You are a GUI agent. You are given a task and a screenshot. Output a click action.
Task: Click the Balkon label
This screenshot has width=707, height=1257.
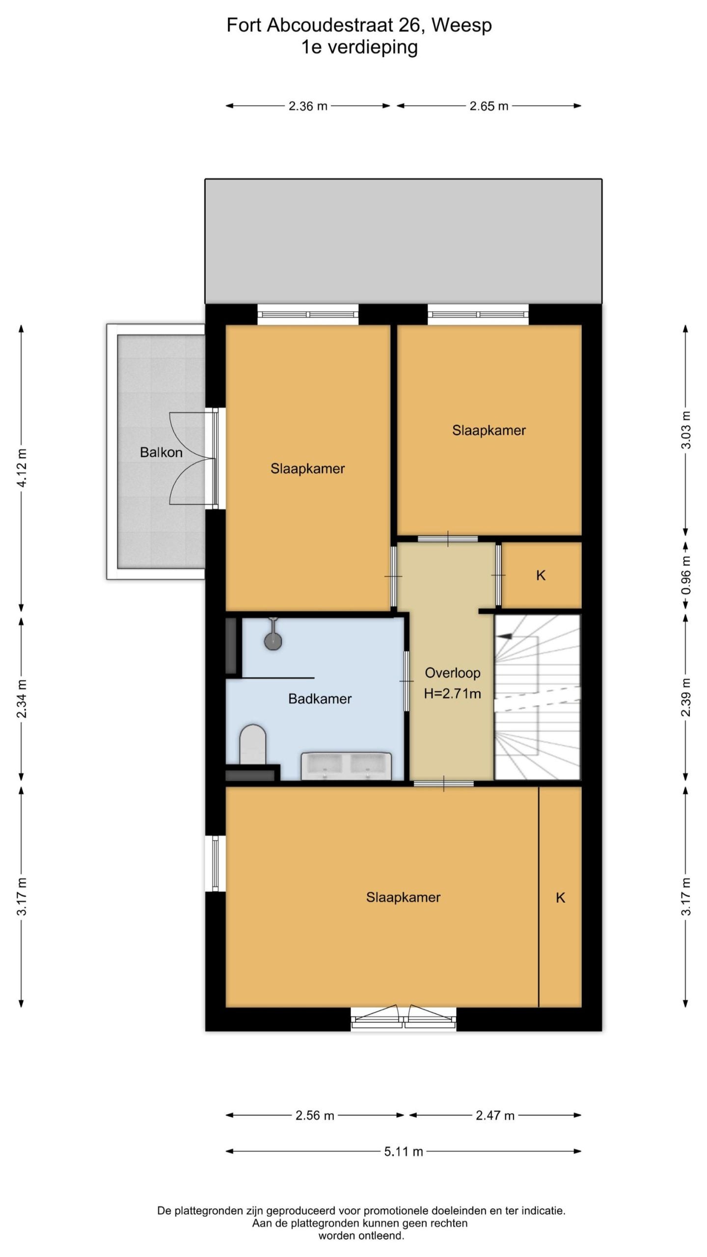click(161, 452)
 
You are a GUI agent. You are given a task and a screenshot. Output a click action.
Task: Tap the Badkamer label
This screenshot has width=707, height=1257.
click(320, 699)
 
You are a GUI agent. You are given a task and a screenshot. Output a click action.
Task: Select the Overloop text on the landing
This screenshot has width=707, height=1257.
click(452, 673)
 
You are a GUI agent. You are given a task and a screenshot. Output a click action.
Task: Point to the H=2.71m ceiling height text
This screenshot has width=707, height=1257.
click(452, 694)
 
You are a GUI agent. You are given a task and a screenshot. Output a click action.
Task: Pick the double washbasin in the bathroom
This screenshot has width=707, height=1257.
click(346, 766)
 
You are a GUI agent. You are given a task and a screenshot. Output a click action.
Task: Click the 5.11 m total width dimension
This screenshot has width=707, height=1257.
click(404, 1151)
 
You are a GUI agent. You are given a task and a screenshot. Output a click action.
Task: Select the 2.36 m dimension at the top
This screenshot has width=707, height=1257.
click(308, 106)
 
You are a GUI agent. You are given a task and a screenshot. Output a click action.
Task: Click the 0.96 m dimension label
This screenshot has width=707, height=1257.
click(686, 574)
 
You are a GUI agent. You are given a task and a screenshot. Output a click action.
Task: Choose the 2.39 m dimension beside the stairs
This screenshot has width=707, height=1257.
click(686, 697)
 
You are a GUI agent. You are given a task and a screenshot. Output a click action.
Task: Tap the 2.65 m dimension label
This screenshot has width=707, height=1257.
click(489, 106)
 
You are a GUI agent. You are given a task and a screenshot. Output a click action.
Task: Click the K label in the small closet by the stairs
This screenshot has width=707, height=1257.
click(541, 575)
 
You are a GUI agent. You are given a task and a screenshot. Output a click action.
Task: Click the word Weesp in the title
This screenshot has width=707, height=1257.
click(462, 25)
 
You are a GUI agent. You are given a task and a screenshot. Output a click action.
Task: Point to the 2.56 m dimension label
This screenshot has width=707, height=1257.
click(315, 1116)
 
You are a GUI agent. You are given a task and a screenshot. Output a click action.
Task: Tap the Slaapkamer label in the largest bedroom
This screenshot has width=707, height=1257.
click(403, 898)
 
